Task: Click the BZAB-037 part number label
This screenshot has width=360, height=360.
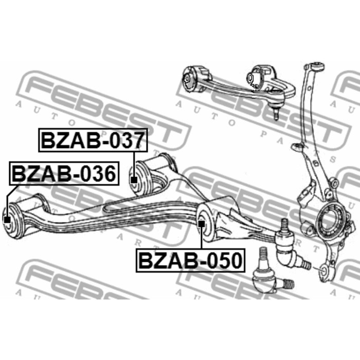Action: click(93, 140)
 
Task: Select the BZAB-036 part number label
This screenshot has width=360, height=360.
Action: click(64, 174)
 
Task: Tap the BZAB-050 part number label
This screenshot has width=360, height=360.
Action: click(190, 260)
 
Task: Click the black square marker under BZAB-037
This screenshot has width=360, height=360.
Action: click(134, 180)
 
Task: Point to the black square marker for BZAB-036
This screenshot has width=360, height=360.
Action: click(7, 220)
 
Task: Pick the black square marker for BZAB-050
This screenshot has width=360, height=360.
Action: click(202, 223)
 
